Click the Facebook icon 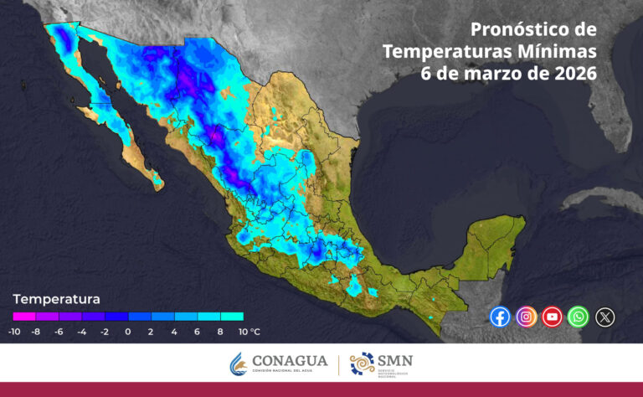click(x=500, y=317)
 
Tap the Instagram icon click(x=526, y=317)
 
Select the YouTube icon click(x=552, y=317)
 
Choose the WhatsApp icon click(x=578, y=317)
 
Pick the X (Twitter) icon click(x=604, y=317)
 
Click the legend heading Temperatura click(x=56, y=299)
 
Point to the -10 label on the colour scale click(x=14, y=332)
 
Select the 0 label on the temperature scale click(x=127, y=332)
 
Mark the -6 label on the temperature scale click(x=59, y=332)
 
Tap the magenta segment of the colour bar click(x=24, y=317)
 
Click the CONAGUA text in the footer click(x=291, y=361)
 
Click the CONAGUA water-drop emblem click(x=239, y=364)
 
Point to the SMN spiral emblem click(x=363, y=364)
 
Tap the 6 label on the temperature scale click(x=197, y=332)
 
